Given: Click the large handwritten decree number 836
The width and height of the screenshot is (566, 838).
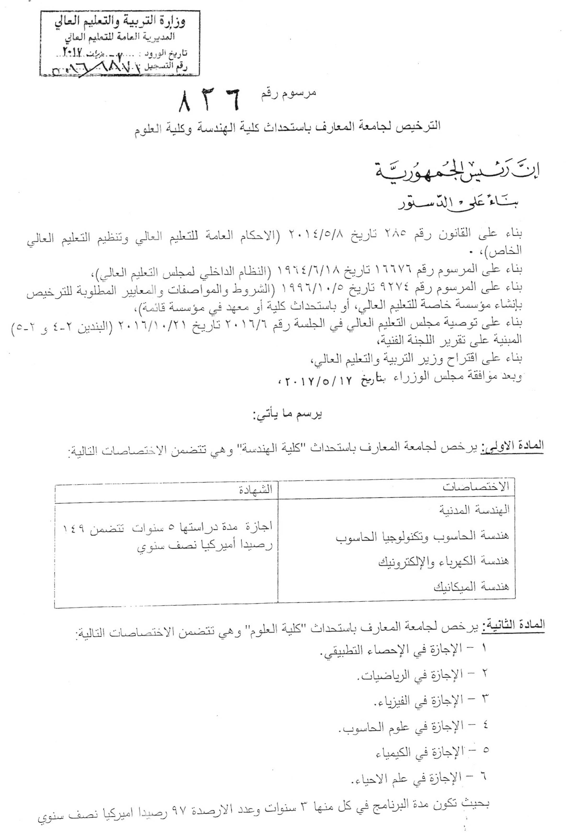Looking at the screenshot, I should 209,100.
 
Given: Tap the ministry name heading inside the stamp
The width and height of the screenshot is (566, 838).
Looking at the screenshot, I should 120,23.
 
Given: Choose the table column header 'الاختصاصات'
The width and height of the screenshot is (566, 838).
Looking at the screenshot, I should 476,487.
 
